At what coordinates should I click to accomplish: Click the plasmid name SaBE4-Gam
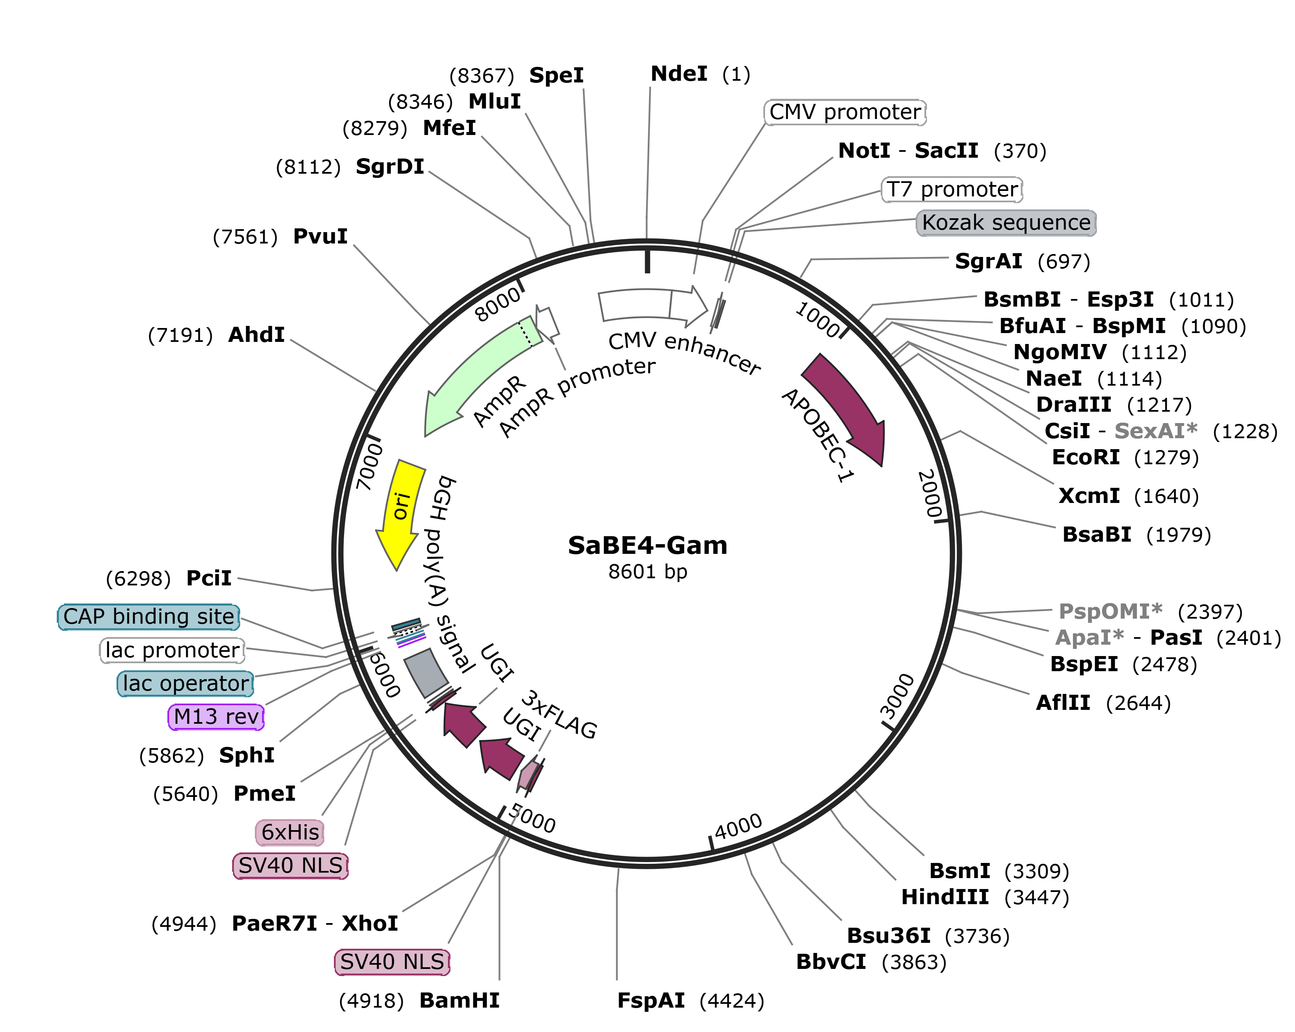point(648,545)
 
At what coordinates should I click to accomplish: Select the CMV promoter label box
point(845,112)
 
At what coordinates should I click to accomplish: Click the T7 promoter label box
point(952,189)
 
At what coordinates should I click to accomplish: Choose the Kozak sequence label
point(1006,223)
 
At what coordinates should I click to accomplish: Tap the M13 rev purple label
point(216,717)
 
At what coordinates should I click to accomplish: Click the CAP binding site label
point(148,617)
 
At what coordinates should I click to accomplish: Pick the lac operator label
point(185,684)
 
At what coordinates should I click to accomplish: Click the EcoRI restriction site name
point(1086,458)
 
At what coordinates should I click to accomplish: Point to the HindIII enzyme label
point(945,897)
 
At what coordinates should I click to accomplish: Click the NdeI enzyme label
point(679,74)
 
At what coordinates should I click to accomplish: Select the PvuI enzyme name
point(320,237)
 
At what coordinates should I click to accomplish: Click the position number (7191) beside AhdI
point(180,335)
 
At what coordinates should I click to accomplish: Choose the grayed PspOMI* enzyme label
point(1110,611)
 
